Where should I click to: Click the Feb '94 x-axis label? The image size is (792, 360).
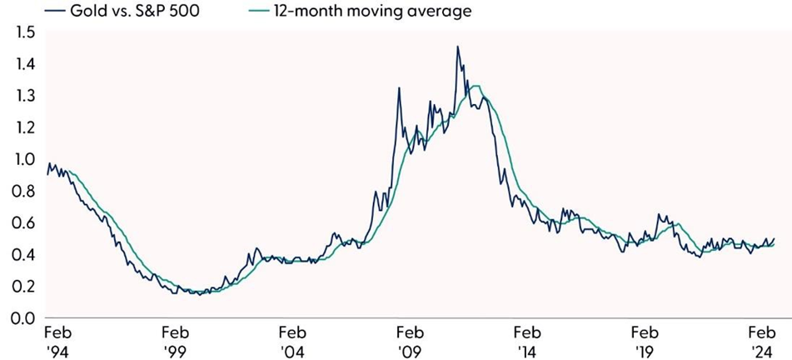point(57,339)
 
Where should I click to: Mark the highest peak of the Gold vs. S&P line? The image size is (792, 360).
point(457,47)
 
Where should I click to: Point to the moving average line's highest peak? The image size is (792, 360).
point(476,86)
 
